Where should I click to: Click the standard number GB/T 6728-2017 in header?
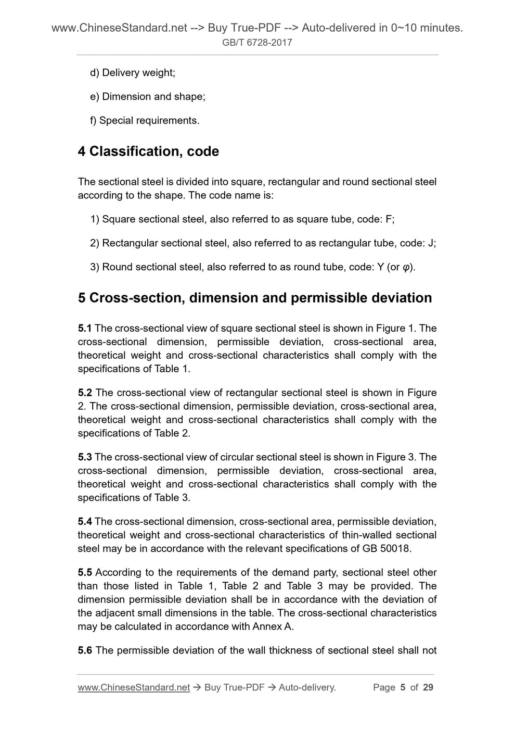tap(257, 43)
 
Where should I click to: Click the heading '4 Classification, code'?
tap(148, 152)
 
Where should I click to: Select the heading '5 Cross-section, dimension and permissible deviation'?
tap(255, 298)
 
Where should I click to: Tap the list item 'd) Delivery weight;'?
tap(133, 73)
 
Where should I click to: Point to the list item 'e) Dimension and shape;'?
tap(148, 97)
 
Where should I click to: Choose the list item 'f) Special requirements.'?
tap(145, 121)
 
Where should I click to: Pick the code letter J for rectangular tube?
tap(431, 243)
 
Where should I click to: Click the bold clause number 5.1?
tap(85, 329)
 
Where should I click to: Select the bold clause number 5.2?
tap(85, 393)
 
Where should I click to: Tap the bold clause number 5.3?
tap(85, 457)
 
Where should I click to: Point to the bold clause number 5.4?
tap(85, 522)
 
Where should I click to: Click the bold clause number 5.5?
tap(85, 573)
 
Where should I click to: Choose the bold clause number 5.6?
tap(85, 650)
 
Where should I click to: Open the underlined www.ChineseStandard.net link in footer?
tap(134, 687)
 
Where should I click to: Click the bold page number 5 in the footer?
tap(403, 687)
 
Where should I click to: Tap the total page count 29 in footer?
tap(428, 687)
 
